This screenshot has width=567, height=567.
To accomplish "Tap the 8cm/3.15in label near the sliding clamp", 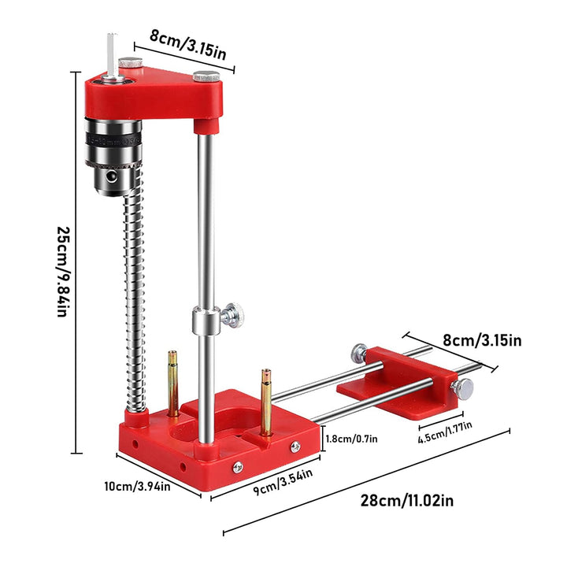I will click(x=481, y=340).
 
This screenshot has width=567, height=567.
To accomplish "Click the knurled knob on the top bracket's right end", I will click(x=208, y=77).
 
